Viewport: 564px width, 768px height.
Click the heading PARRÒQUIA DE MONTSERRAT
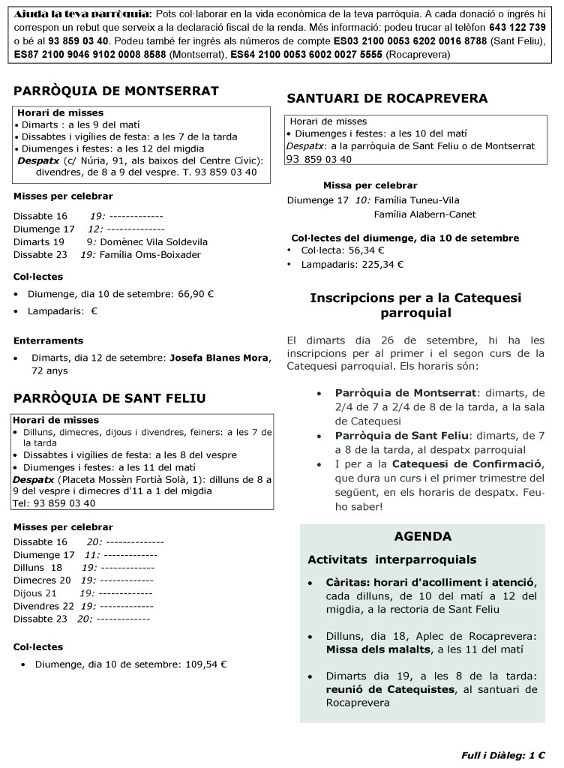pyautogui.click(x=116, y=91)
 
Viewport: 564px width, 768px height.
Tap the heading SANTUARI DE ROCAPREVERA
pyautogui.click(x=387, y=98)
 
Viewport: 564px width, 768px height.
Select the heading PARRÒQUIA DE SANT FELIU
pyautogui.click(x=109, y=397)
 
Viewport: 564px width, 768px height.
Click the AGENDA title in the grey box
pyautogui.click(x=422, y=536)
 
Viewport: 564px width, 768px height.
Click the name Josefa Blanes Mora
pyautogui.click(x=219, y=358)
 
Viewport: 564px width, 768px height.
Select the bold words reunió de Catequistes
pyautogui.click(x=389, y=690)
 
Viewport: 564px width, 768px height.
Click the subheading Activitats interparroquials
pyautogui.click(x=391, y=559)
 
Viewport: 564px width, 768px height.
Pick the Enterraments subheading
pyautogui.click(x=48, y=340)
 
